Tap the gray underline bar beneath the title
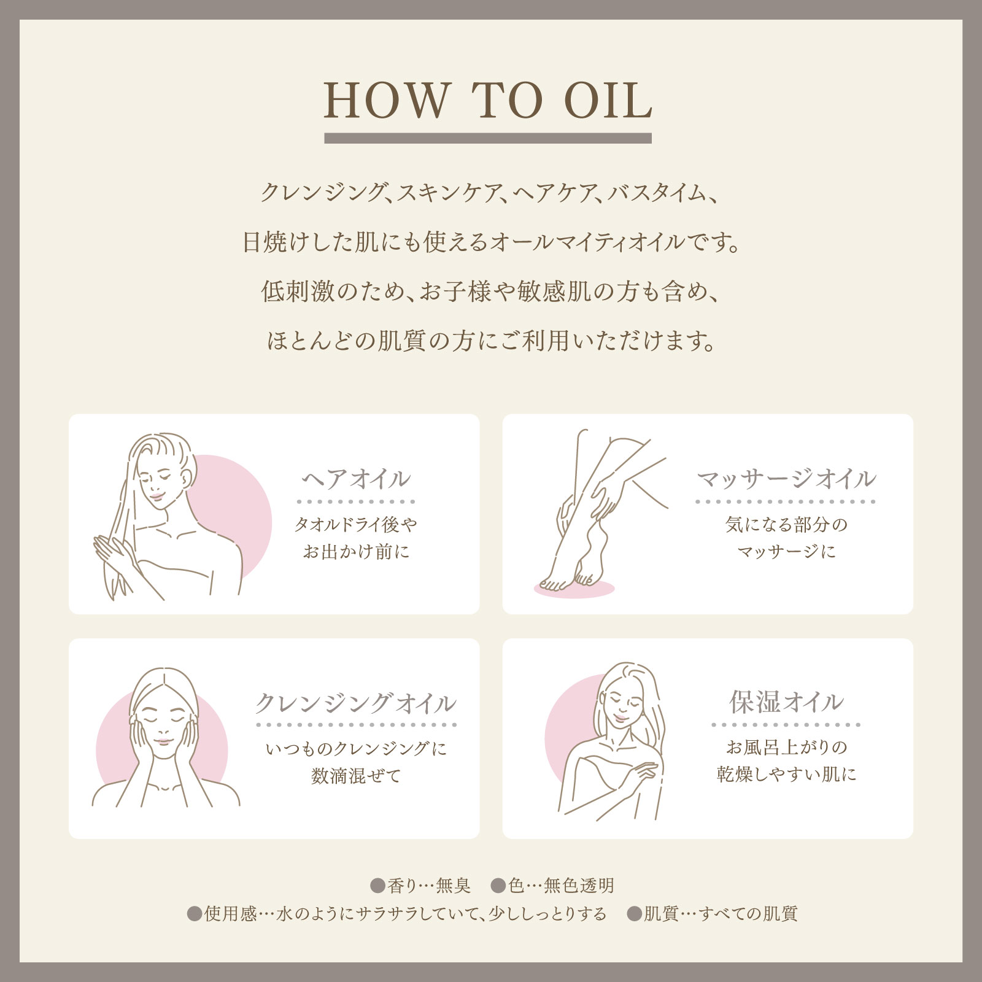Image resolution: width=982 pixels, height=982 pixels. click(487, 138)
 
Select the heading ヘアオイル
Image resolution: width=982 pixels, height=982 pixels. click(355, 479)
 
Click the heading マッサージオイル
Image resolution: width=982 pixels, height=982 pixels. click(786, 479)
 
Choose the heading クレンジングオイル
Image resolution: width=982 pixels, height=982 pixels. click(355, 703)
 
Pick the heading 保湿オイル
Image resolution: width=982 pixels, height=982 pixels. click(786, 702)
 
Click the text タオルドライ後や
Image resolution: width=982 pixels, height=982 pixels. click(355, 525)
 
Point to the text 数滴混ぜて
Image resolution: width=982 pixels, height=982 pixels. click(355, 776)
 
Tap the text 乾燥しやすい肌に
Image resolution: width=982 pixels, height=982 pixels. click(786, 775)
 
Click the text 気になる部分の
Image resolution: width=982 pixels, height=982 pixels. click(786, 525)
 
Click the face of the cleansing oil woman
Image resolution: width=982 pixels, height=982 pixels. click(163, 727)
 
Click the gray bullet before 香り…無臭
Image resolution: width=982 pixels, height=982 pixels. click(377, 886)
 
